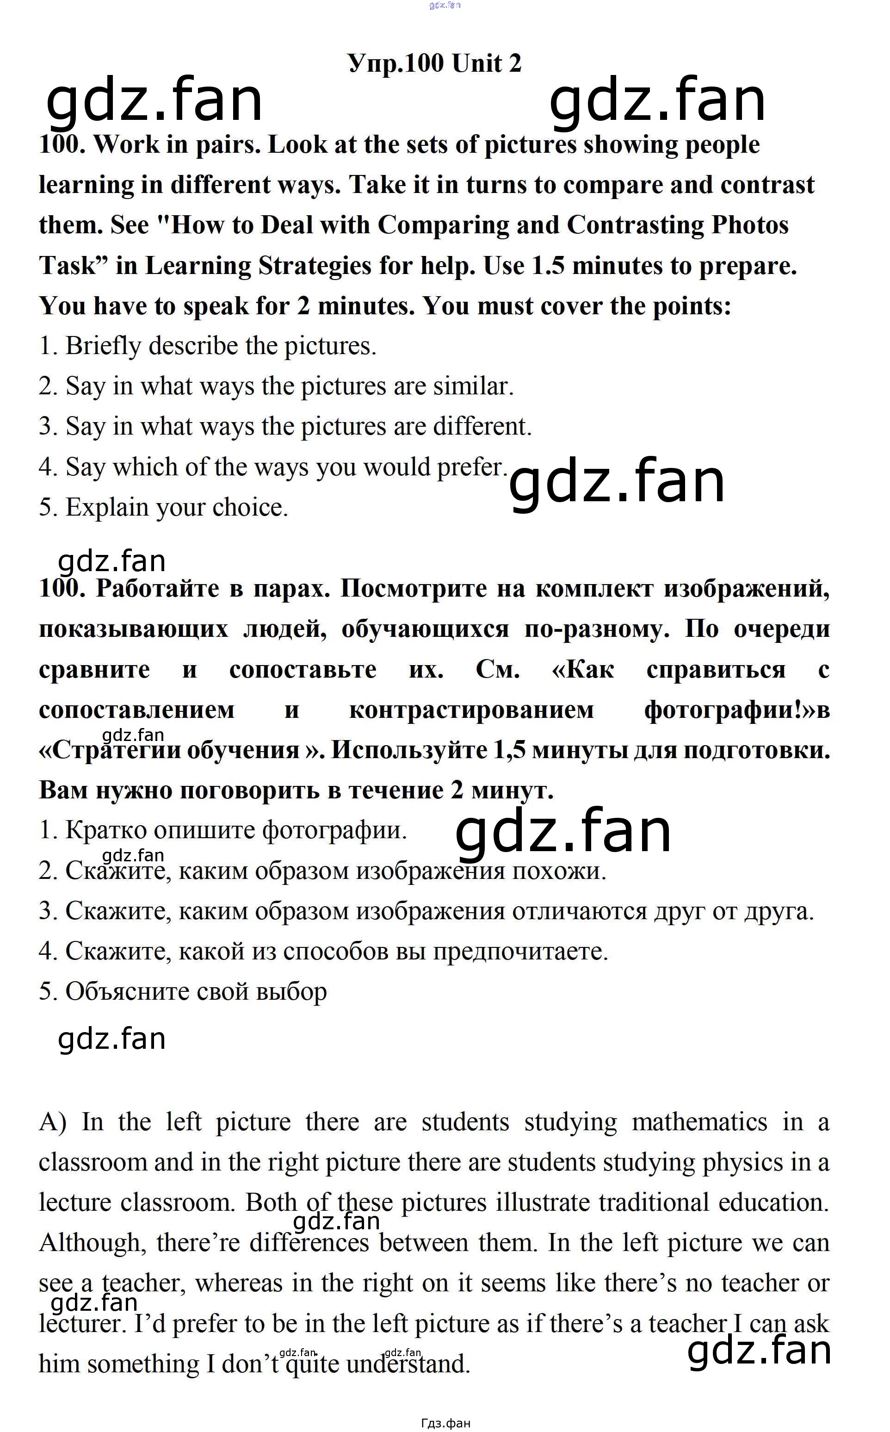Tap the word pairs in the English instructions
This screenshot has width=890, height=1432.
(x=227, y=145)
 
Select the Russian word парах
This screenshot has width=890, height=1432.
(x=291, y=589)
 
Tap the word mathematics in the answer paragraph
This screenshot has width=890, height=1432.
(x=699, y=1122)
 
